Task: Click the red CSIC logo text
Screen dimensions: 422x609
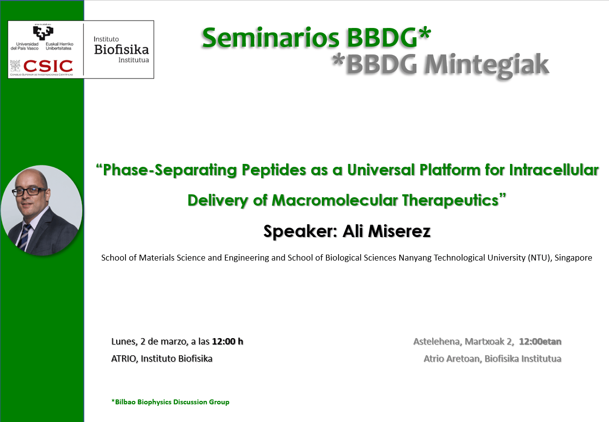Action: click(48, 66)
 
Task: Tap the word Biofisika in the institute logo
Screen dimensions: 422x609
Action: click(121, 50)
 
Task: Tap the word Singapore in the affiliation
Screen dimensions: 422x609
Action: click(573, 258)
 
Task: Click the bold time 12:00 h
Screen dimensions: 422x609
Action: click(227, 341)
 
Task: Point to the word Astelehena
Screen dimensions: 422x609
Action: click(437, 341)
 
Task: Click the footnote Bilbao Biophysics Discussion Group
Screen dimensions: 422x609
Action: click(172, 402)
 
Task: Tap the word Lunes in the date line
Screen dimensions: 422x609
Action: click(122, 341)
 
